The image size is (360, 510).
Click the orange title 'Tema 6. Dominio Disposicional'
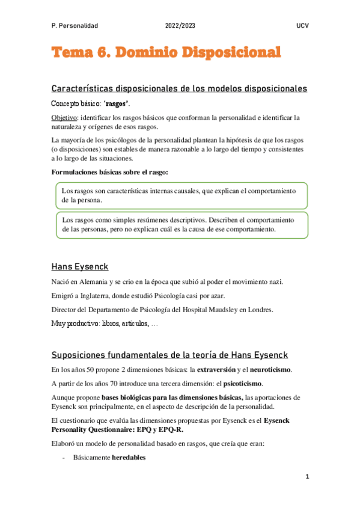click(166, 54)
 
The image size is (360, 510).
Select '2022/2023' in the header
click(180, 26)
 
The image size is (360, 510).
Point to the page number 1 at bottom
click(307, 477)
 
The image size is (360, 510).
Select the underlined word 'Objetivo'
click(64, 117)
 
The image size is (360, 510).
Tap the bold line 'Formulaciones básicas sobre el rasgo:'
click(110, 173)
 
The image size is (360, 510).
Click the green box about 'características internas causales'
click(180, 195)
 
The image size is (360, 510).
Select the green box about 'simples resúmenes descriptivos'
click(180, 224)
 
